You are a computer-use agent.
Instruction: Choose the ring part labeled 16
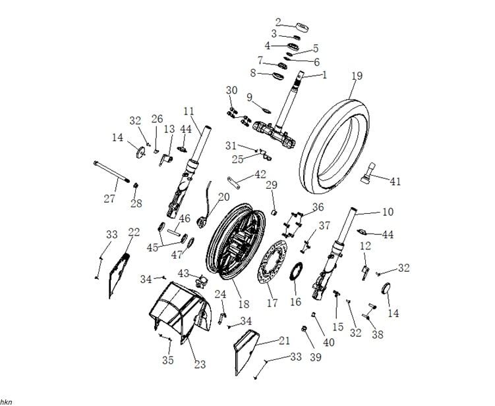pos(297,270)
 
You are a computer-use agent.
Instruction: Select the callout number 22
pos(134,232)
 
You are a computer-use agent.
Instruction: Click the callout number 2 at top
pos(279,22)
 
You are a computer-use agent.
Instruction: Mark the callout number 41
pos(395,180)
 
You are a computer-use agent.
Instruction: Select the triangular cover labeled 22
pos(117,274)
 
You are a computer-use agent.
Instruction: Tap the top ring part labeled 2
pos(304,27)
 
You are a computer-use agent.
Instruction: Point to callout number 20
pos(223,196)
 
